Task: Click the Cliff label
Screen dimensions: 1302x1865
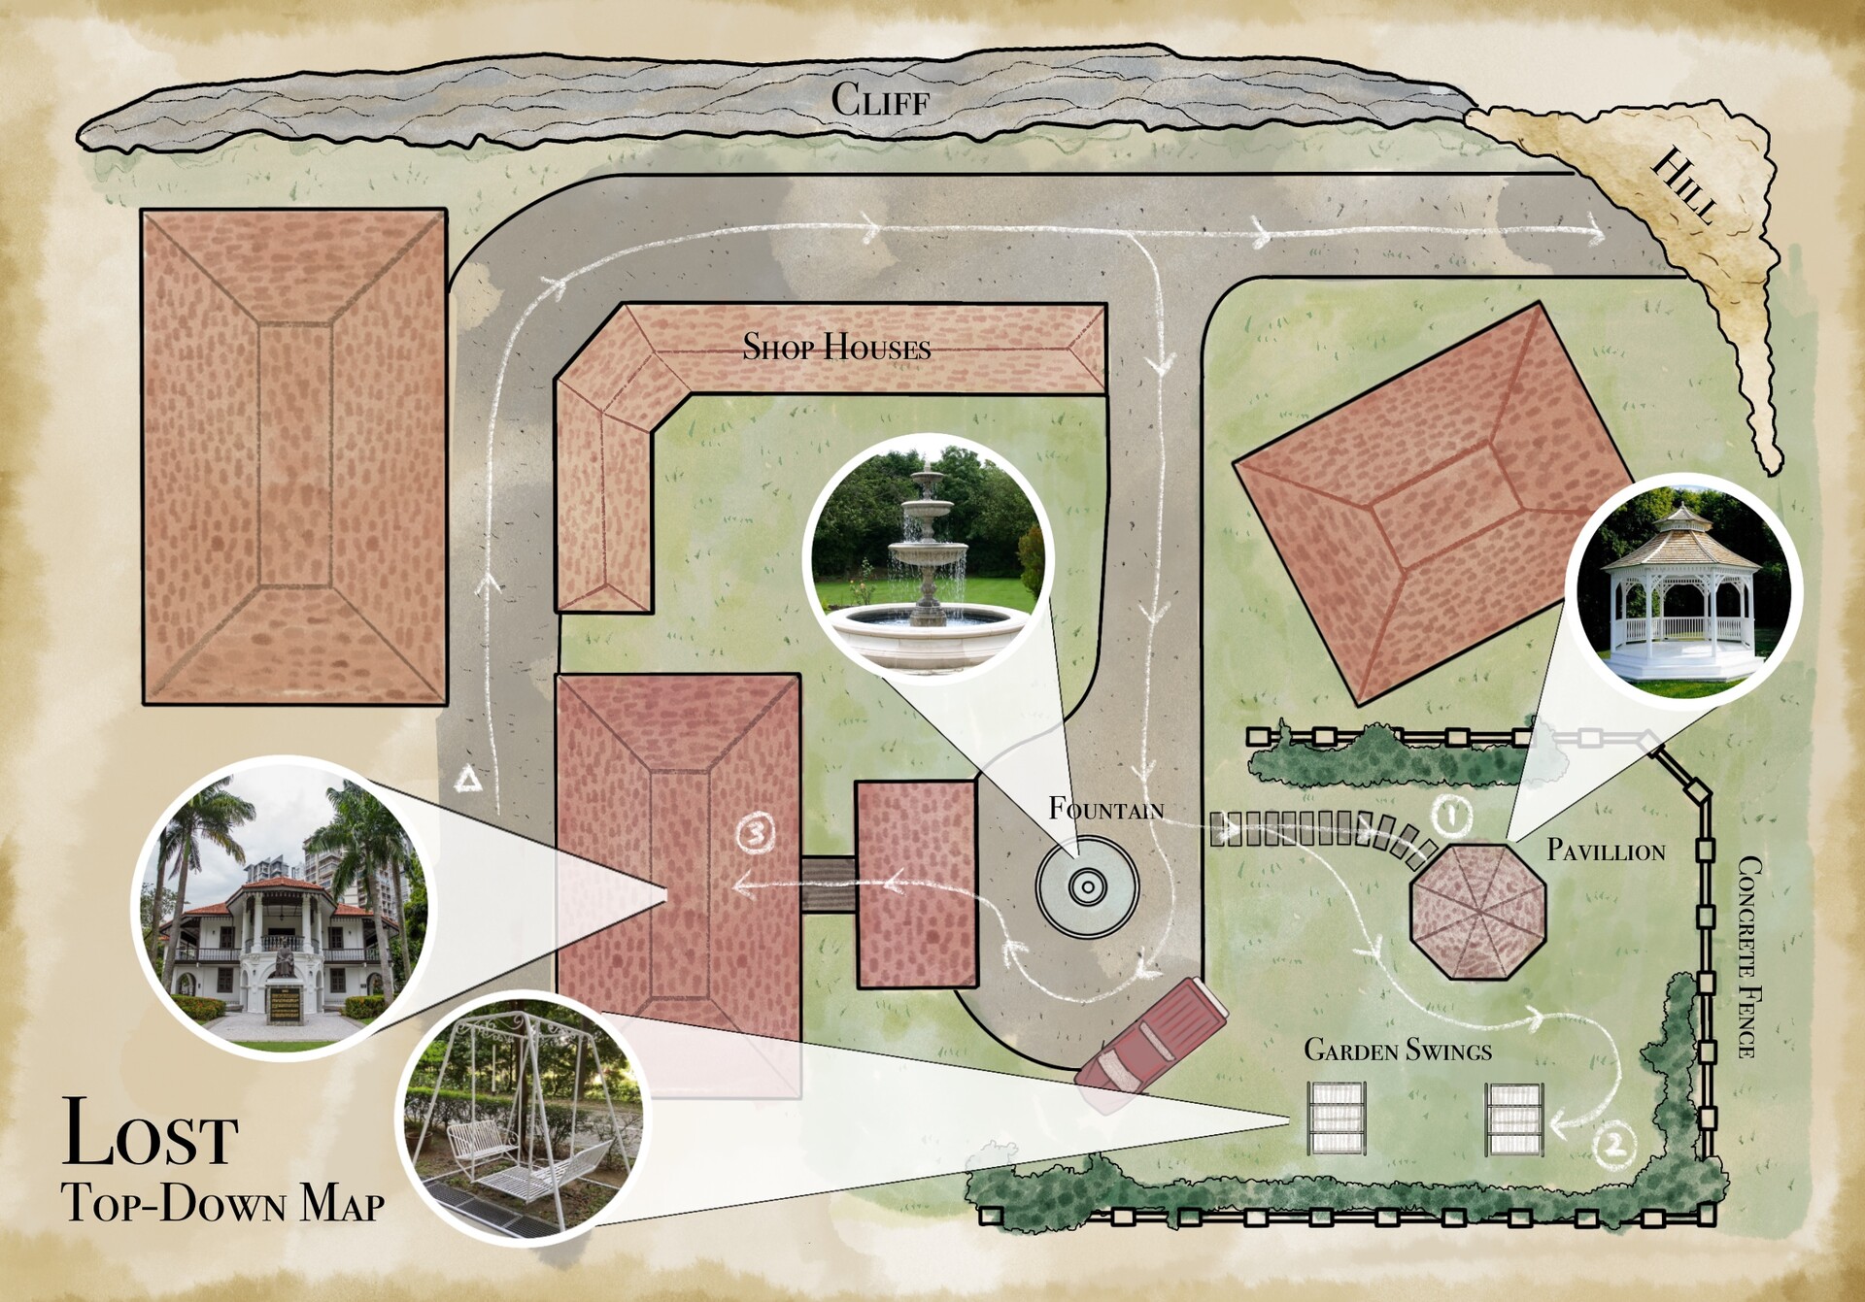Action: tap(880, 100)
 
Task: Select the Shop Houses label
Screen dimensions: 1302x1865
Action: tap(836, 348)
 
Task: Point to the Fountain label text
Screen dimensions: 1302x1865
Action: tap(1105, 809)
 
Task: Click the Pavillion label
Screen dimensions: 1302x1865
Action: tap(1606, 851)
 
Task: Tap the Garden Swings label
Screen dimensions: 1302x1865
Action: tap(1397, 1051)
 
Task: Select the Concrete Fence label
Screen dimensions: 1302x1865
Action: tap(1748, 956)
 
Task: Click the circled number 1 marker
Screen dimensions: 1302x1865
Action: tap(1451, 816)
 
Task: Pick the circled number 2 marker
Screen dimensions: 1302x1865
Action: tap(1613, 1145)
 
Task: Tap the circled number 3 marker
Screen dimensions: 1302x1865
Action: tap(756, 833)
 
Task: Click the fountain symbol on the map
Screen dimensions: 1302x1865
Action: tap(1087, 886)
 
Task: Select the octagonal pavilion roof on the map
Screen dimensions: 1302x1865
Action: tap(1477, 911)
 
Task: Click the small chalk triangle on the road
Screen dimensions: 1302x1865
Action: tap(469, 779)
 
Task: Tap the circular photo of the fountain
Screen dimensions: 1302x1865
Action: tap(928, 559)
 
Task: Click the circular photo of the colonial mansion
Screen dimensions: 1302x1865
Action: tap(283, 908)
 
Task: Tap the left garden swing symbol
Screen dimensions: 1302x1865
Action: tap(1337, 1118)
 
